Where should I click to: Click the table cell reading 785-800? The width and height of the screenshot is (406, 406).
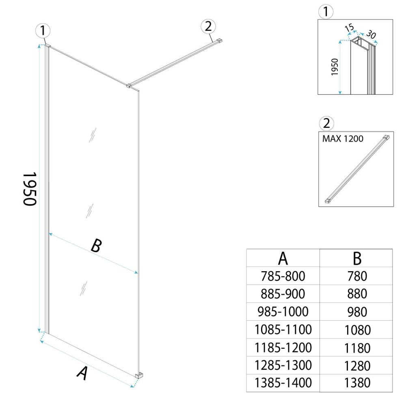283,276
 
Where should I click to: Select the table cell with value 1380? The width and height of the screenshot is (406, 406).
357,383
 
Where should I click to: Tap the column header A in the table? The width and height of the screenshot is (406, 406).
283,258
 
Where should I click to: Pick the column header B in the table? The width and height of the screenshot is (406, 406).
357,258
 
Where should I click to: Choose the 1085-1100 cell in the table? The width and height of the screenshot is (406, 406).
283,329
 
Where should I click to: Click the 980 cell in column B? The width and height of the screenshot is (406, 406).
357,311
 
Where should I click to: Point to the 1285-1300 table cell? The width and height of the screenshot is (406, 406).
283,365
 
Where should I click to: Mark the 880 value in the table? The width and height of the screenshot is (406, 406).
357,294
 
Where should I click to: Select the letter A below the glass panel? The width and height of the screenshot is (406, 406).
82,373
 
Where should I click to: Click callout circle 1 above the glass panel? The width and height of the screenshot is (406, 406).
43,31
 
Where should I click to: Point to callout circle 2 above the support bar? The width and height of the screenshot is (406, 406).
208,27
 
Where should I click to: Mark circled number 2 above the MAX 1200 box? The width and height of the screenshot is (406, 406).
326,123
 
